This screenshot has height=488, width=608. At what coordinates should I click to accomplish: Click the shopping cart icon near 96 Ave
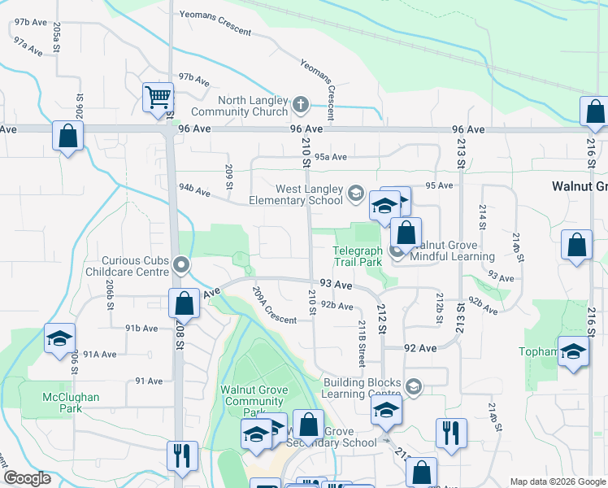(158, 97)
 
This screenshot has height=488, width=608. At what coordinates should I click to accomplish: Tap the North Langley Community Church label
(240, 106)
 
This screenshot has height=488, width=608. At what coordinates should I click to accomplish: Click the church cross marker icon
(300, 104)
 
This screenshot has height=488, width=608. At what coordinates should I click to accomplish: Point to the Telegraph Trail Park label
(358, 257)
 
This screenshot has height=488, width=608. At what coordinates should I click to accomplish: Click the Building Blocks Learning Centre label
(362, 388)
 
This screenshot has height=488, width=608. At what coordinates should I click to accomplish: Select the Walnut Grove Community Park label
(254, 401)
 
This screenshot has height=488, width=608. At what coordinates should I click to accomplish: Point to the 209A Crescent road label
(274, 305)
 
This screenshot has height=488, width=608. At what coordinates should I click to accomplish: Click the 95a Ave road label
(331, 157)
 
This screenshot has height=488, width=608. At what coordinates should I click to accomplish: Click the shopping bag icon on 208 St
(185, 303)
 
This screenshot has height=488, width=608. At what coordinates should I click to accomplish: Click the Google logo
(27, 478)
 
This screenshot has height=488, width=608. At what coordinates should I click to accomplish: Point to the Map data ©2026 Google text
(558, 481)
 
